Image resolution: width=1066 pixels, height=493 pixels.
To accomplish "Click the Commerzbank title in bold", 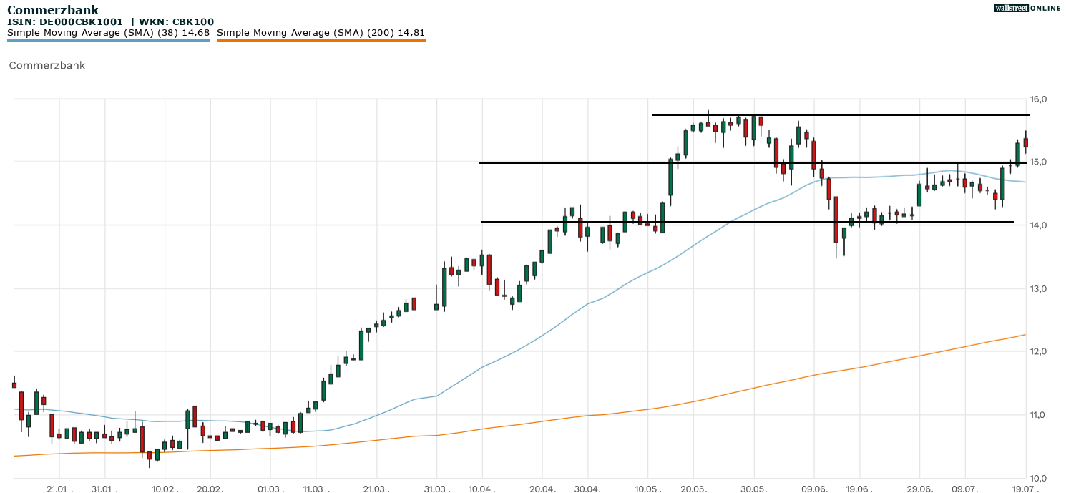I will (x=53, y=10).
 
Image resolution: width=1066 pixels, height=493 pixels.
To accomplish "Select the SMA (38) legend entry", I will (x=109, y=33).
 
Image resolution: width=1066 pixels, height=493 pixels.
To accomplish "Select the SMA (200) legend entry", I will (x=321, y=33).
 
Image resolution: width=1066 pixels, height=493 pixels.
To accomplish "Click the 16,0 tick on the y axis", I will (x=1038, y=99).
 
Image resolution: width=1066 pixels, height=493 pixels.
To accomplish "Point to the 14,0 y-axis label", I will (x=1038, y=225).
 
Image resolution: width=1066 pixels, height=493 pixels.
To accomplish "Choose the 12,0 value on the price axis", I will (x=1038, y=351).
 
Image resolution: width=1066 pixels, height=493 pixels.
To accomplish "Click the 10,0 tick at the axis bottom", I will (x=1038, y=478).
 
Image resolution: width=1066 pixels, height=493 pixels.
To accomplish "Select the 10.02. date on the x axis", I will (x=165, y=489).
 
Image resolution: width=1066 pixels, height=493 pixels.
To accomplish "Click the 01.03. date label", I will (x=270, y=489).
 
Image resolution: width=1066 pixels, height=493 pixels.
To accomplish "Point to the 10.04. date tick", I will (x=482, y=489).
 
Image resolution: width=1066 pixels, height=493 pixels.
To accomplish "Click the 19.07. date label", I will (x=1024, y=489).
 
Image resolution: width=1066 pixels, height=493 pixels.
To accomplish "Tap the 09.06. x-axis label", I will (x=814, y=489).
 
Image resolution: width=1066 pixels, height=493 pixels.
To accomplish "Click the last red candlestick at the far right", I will (x=1025, y=142).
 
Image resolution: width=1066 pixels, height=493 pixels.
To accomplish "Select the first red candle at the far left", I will (x=14, y=385).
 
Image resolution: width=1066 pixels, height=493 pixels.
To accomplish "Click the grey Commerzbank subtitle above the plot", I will (x=47, y=65).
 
